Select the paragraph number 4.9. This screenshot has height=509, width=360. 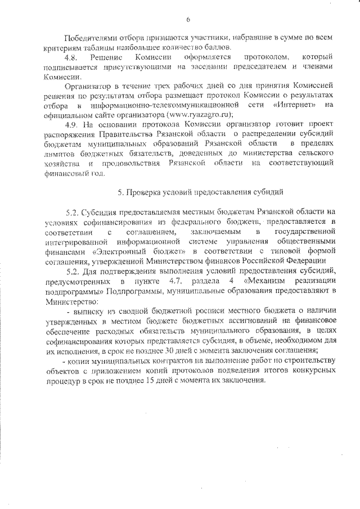tap(73, 124)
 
